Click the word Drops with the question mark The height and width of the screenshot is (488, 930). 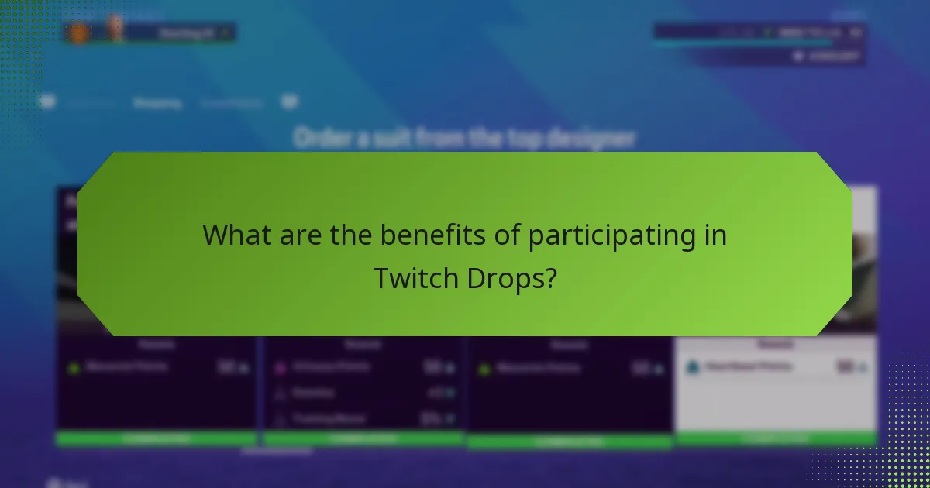click(x=511, y=278)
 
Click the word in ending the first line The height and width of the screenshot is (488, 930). click(x=715, y=235)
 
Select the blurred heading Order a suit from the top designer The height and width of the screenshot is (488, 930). click(x=464, y=139)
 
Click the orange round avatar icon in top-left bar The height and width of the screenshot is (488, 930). click(x=77, y=33)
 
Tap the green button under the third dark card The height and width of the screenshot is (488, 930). click(x=570, y=442)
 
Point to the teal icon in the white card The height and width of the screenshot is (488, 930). click(x=694, y=367)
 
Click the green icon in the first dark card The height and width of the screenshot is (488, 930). click(x=74, y=368)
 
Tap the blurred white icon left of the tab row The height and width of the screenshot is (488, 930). click(x=48, y=102)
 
